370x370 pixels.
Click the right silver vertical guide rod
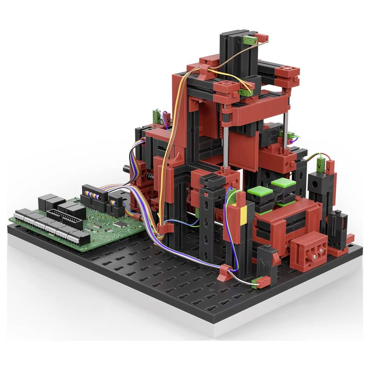[x=286, y=131]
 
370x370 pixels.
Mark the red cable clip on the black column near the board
[x=164, y=229]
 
